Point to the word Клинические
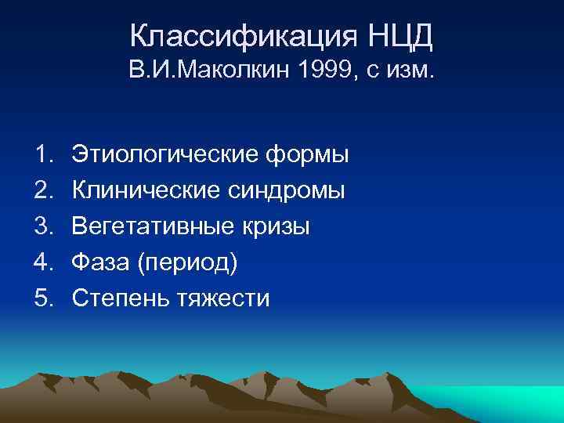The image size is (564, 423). point(148,190)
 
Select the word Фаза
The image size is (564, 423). point(99,262)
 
